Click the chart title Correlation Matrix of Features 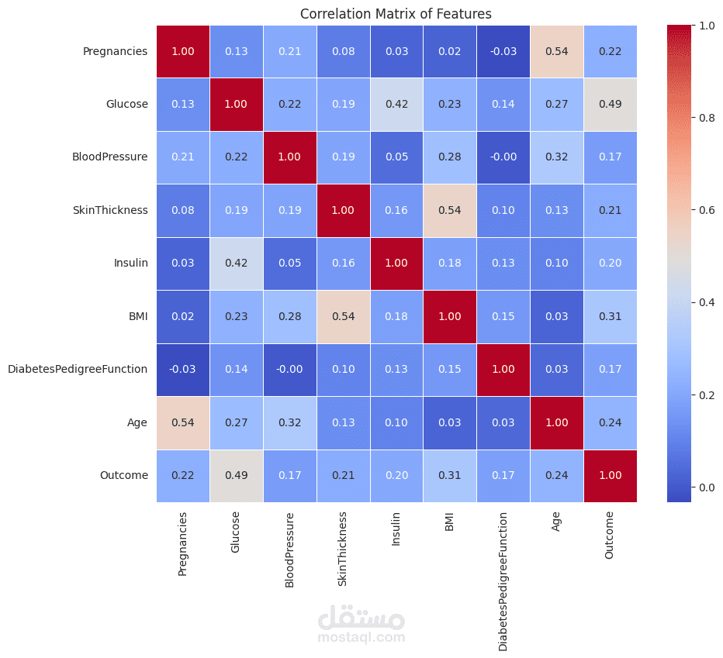(396, 14)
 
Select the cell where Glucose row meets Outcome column (611, 104)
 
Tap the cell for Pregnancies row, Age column (557, 51)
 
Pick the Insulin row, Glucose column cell (236, 264)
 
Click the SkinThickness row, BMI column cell (450, 211)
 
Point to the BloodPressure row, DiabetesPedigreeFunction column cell (503, 157)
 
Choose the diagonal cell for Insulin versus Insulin (396, 264)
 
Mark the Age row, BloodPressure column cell (289, 423)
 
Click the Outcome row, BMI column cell (450, 476)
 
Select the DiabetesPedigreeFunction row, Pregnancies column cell (183, 370)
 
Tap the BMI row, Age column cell (557, 316)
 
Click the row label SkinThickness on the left (110, 210)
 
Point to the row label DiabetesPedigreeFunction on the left (78, 369)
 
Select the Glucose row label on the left (126, 104)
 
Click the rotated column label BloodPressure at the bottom (289, 549)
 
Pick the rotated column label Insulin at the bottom (396, 529)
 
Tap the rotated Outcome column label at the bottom (609, 535)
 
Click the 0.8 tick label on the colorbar (707, 118)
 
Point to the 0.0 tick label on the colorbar (707, 487)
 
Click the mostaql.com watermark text (361, 637)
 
